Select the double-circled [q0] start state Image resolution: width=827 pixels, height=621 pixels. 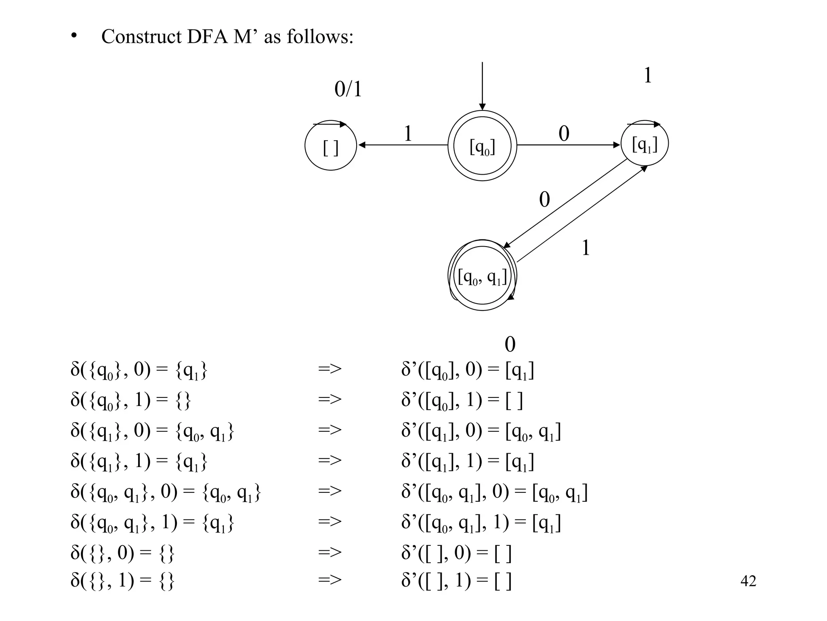pos(482,146)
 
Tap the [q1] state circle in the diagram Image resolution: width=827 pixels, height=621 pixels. pos(644,144)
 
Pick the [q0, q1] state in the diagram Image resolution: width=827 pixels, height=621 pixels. pos(482,276)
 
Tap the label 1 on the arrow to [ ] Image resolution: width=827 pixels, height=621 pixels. pos(408,134)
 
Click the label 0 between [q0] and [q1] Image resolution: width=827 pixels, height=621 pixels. pos(564,134)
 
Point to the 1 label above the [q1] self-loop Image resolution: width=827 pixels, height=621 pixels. pos(648,76)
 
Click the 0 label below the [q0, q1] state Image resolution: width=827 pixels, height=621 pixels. pos(510,344)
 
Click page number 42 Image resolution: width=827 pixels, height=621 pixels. pos(748,581)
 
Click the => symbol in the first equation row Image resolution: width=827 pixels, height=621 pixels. pos(330,369)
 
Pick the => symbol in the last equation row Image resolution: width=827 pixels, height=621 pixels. pos(330,580)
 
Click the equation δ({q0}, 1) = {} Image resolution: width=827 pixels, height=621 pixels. pos(130,400)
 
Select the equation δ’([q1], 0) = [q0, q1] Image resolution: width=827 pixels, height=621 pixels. pos(481,431)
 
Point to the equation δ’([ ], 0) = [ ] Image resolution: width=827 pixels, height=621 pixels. pos(456,553)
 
